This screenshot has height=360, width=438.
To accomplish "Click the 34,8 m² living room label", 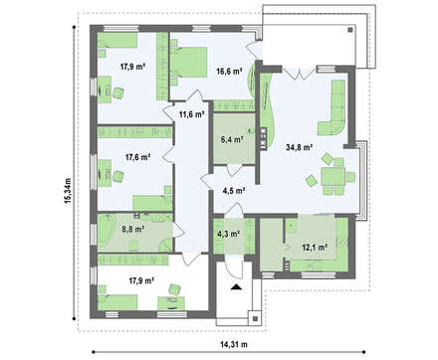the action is [300, 147].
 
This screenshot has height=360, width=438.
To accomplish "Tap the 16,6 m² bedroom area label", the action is [229, 72].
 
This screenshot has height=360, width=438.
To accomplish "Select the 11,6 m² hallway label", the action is [191, 115].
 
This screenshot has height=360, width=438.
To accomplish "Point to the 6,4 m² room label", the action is [233, 139].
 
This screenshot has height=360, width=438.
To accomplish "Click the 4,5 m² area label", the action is [234, 191].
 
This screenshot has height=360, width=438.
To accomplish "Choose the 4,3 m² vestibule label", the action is [228, 234].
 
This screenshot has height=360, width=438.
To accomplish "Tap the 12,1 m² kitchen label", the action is [315, 247].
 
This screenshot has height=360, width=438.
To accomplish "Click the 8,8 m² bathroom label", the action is [132, 229].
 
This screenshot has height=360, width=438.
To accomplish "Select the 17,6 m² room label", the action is [138, 157].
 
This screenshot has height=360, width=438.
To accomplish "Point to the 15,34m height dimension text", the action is [68, 191].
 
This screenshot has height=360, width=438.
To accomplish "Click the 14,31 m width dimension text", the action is [234, 345].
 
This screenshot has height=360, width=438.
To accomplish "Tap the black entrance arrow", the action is [236, 287].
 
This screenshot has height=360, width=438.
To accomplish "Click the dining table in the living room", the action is [332, 177].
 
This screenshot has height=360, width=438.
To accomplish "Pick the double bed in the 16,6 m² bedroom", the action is [188, 63].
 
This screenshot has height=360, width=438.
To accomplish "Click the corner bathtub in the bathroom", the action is [106, 231].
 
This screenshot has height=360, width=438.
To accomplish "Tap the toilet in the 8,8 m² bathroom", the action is [133, 246].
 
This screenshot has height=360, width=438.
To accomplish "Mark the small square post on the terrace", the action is [350, 30].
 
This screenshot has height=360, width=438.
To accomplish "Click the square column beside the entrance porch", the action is [255, 318].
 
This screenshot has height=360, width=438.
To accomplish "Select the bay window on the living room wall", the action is [363, 181].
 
